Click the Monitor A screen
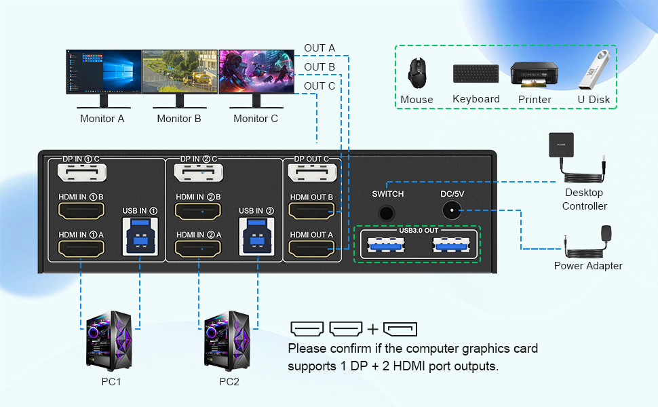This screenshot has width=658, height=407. [103, 71]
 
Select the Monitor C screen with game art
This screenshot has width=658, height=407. [256, 71]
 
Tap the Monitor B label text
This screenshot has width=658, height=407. [179, 119]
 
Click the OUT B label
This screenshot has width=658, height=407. [320, 66]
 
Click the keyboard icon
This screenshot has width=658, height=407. [476, 73]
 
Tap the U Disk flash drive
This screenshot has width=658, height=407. [593, 70]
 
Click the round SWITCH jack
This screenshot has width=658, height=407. [387, 212]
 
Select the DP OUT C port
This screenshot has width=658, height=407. [311, 176]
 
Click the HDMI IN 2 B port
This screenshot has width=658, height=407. [197, 212]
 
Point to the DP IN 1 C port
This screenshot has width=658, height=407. [81, 176]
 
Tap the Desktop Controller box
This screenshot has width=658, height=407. [561, 146]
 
